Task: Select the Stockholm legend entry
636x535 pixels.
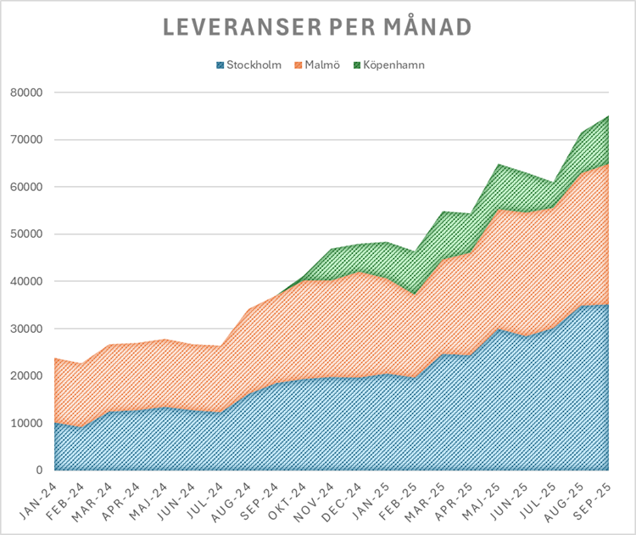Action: click(254, 65)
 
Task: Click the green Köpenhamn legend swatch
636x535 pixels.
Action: click(356, 65)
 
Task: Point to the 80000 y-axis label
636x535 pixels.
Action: click(28, 93)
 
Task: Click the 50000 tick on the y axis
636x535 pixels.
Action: click(28, 234)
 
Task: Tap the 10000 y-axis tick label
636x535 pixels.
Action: click(28, 423)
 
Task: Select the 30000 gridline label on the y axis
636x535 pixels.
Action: click(28, 329)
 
